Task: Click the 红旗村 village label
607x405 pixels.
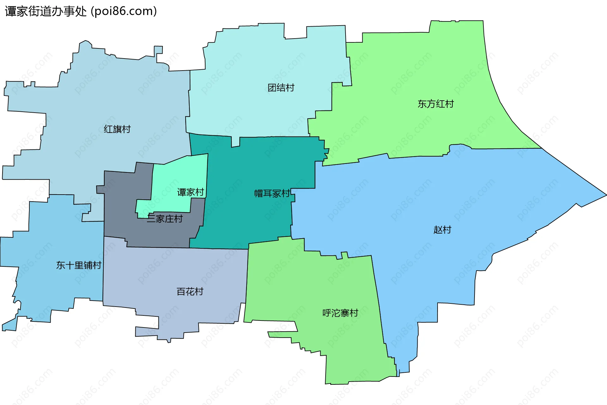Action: coord(117,129)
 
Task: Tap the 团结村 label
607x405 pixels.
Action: coord(281,88)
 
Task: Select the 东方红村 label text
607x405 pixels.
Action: coord(435,104)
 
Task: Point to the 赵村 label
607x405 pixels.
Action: coord(442,230)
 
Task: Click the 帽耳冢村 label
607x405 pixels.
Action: coord(272,193)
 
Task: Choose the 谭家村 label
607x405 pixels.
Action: coord(190,192)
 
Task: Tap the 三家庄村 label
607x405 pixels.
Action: coord(165,219)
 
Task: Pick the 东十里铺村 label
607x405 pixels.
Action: coord(79,265)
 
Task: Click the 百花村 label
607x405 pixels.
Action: coord(190,291)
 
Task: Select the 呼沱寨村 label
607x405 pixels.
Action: coord(340,313)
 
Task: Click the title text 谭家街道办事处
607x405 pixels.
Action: coord(46,11)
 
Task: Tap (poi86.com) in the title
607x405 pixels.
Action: coord(124,11)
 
